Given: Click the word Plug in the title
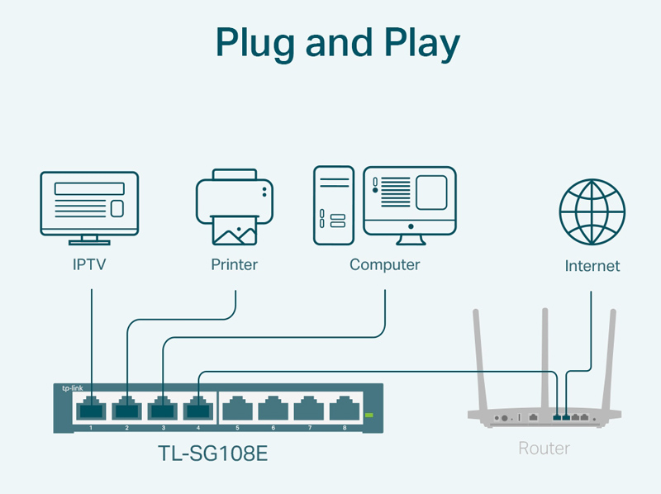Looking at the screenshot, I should click(x=260, y=43).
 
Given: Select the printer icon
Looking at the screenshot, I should click(x=235, y=207).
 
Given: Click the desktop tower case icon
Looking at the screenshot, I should click(x=333, y=205).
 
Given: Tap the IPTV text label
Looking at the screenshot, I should click(x=89, y=265).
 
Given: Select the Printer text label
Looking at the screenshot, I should click(x=235, y=265).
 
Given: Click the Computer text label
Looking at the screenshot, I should click(x=384, y=265).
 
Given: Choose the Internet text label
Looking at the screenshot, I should click(x=592, y=266).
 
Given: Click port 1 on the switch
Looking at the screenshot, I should click(x=90, y=408).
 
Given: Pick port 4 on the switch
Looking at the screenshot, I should click(x=199, y=408).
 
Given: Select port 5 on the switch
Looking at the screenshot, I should click(x=236, y=408).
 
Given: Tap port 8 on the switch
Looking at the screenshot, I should click(x=344, y=408).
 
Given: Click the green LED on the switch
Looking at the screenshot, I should click(x=369, y=415).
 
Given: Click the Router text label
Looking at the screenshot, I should click(x=544, y=449).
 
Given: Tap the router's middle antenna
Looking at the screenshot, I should click(x=545, y=355).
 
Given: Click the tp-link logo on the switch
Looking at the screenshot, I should click(x=72, y=388).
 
